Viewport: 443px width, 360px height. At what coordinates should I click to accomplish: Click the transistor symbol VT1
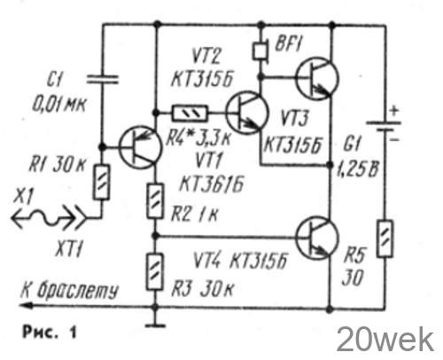click(x=140, y=147)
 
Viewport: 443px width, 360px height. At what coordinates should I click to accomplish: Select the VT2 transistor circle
click(x=247, y=113)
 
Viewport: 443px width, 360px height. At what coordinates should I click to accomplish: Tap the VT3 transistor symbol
click(x=317, y=78)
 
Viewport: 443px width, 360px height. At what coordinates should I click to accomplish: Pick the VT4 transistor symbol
click(x=317, y=238)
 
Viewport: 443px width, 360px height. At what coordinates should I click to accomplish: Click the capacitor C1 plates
click(x=102, y=79)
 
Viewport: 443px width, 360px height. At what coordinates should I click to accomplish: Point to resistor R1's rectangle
click(x=102, y=182)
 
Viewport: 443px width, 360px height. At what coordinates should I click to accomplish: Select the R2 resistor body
click(x=155, y=201)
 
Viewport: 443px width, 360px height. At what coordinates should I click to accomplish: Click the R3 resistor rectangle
click(x=155, y=271)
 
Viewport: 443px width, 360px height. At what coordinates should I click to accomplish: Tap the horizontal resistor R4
click(x=190, y=113)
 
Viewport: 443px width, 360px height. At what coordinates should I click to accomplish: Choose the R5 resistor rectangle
click(x=385, y=239)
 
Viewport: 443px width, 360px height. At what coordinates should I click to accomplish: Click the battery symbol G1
click(x=384, y=126)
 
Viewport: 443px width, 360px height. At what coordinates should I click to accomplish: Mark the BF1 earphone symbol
click(x=260, y=51)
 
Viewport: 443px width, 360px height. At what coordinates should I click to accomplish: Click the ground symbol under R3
click(x=155, y=325)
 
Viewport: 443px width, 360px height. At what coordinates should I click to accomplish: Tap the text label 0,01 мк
click(x=58, y=105)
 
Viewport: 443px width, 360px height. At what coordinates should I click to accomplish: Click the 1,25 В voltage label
click(x=357, y=170)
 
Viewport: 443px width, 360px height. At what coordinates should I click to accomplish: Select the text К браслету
click(x=69, y=290)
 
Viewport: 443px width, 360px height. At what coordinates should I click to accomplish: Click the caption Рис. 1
click(x=50, y=332)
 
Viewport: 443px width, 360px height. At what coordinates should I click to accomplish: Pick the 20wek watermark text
click(x=385, y=340)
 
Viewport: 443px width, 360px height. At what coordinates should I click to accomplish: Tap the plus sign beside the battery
click(x=394, y=111)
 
